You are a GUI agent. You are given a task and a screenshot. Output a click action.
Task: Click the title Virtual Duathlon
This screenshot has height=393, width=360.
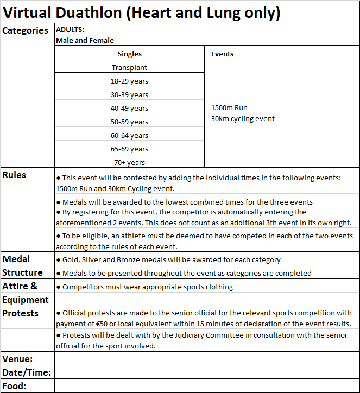141,12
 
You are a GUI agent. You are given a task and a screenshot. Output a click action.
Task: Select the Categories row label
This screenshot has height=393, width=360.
25,30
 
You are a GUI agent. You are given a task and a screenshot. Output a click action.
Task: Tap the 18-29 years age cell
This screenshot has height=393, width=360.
129,81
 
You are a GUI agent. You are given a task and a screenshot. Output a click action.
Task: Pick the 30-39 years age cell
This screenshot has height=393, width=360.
129,94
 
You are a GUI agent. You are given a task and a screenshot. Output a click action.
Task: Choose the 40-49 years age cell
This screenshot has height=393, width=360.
129,108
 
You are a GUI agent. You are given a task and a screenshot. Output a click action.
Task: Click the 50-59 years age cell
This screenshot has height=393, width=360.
129,122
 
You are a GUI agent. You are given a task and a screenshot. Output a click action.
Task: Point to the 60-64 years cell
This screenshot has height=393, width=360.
129,135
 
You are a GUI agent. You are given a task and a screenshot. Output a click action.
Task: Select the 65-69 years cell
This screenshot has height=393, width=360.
129,149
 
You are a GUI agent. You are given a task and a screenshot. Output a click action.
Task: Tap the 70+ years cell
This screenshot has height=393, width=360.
129,162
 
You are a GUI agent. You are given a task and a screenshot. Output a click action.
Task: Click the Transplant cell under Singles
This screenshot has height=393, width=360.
129,67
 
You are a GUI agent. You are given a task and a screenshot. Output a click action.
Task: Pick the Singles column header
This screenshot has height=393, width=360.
129,54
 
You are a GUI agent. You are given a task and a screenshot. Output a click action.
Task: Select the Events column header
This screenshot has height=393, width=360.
222,54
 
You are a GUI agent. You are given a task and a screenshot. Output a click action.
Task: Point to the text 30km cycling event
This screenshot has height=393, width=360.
243,118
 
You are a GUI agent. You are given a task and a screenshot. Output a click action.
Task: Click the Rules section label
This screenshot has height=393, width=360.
14,175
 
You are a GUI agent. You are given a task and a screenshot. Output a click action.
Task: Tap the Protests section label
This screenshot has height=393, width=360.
20,313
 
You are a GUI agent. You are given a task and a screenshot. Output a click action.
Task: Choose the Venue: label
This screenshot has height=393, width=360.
17,359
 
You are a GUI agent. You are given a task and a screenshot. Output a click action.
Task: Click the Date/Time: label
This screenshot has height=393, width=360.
27,372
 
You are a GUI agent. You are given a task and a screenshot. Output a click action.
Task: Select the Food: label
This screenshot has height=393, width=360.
15,386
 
